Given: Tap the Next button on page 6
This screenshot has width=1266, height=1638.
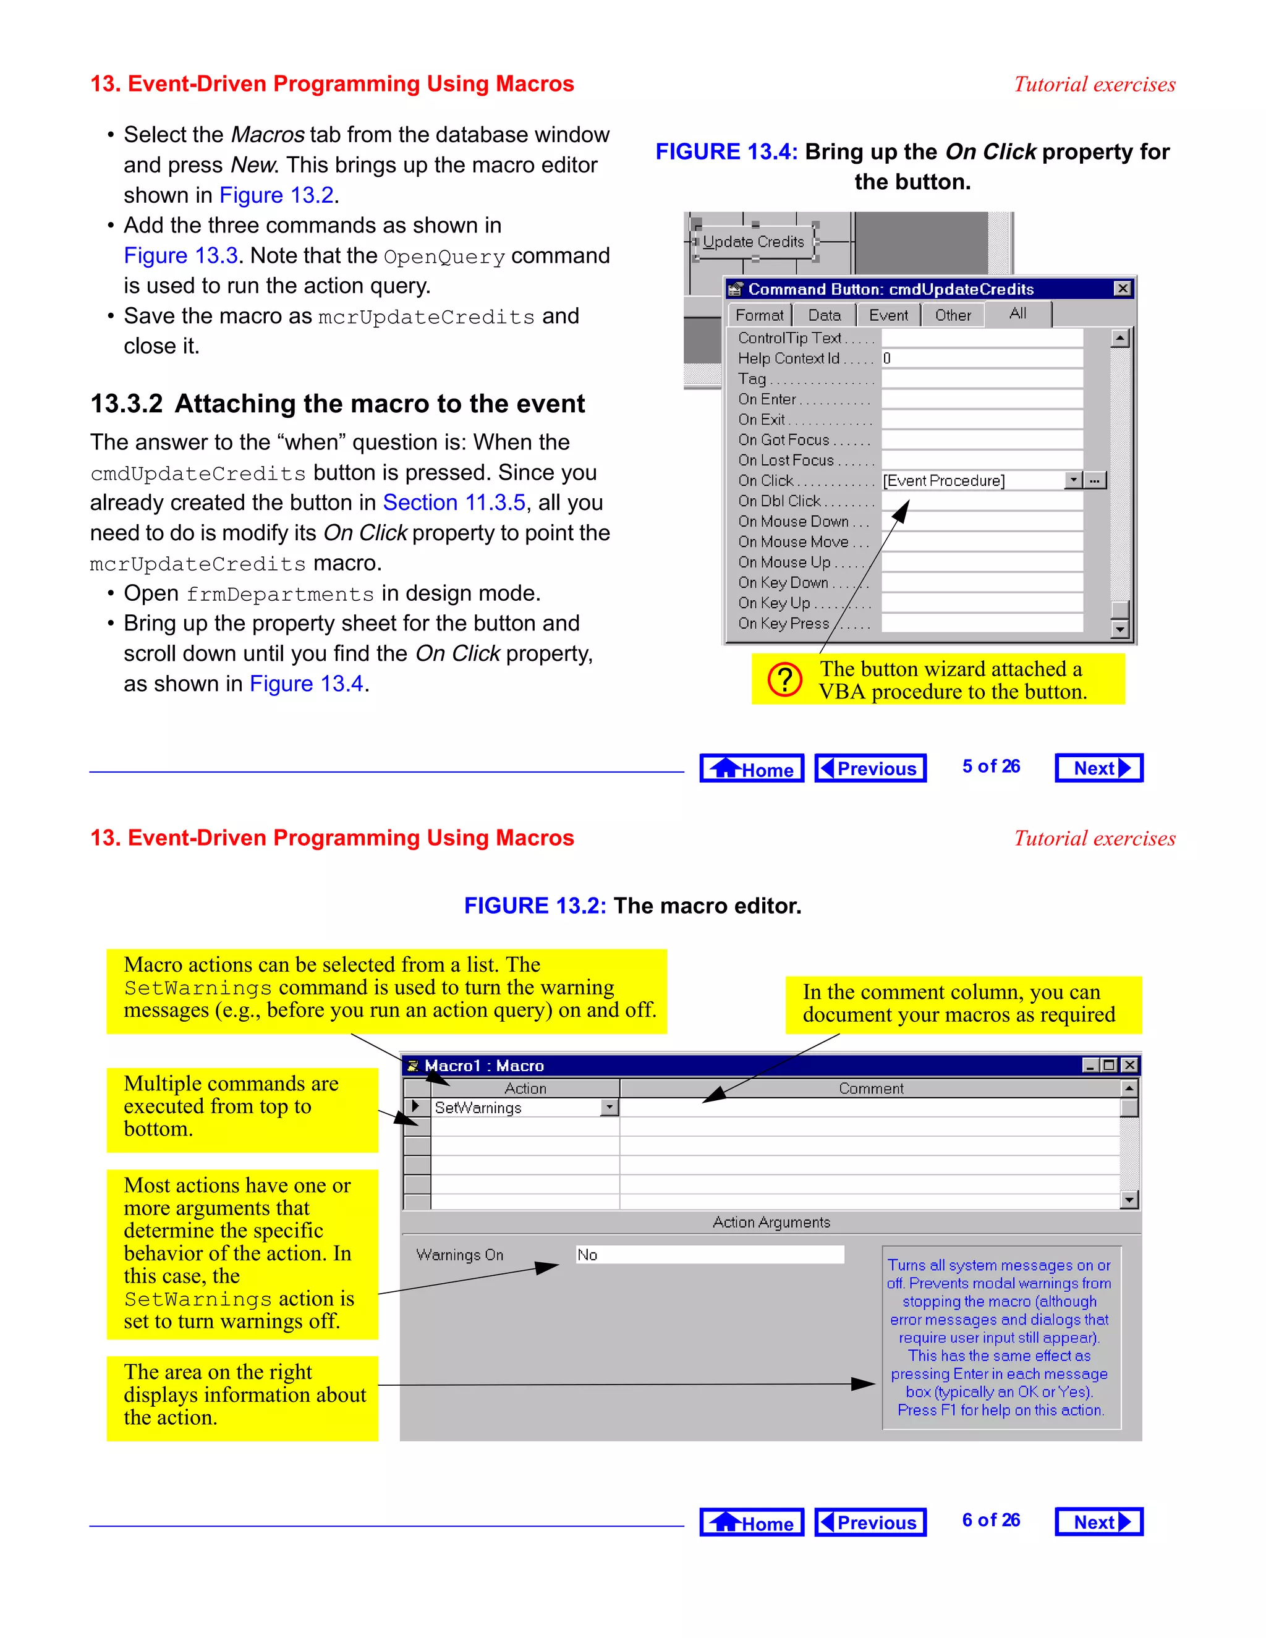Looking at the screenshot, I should pos(1098,1522).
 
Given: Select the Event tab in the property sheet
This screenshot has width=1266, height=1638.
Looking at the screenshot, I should pos(888,316).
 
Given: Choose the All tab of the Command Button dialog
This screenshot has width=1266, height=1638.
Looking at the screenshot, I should pos(1017,314).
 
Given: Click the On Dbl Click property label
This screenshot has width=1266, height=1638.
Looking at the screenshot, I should pos(780,501).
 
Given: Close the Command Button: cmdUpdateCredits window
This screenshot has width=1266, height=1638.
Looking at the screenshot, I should pos(1122,289).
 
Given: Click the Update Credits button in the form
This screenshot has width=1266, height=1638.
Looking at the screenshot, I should pos(753,242).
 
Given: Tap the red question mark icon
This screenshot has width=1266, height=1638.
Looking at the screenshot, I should pos(784,679).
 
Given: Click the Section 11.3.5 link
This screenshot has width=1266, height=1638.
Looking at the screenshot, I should pos(454,503).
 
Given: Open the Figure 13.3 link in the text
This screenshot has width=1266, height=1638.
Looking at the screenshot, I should pos(181,256).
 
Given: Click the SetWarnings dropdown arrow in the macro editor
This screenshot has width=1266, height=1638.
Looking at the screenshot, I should pos(609,1108).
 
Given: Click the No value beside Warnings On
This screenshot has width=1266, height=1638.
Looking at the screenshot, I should pos(587,1255).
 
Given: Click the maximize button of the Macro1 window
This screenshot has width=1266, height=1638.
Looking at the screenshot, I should pos(1109,1065).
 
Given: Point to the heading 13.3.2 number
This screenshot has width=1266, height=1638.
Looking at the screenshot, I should pos(126,404).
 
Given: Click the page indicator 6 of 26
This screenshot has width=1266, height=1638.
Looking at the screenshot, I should pos(990,1521).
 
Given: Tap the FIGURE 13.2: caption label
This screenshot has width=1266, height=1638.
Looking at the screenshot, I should pos(534,906).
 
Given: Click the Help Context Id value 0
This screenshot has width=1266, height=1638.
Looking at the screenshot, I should pos(887,359).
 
